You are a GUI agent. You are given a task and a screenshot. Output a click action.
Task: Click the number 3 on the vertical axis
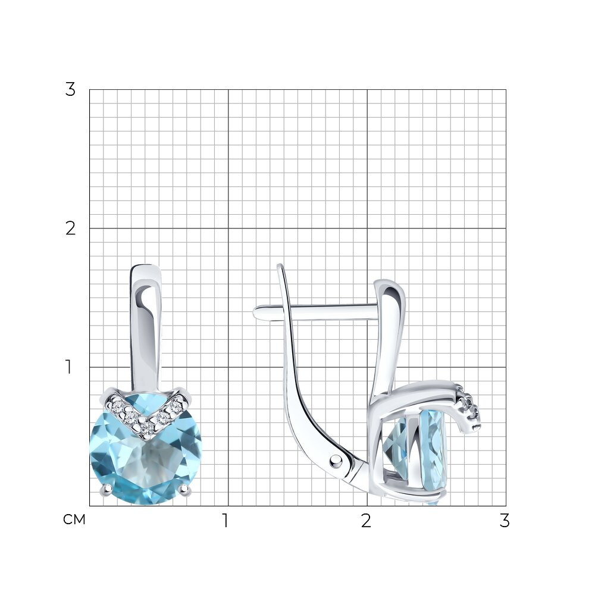click(70, 90)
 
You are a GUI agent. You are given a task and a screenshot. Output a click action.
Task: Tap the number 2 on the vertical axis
click(70, 228)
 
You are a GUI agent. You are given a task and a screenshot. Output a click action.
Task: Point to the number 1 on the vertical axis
click(68, 367)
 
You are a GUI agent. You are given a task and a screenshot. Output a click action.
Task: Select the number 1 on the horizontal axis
click(226, 521)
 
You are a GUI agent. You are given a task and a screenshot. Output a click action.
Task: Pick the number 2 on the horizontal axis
click(366, 521)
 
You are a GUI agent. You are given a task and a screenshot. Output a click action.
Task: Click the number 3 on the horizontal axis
click(504, 521)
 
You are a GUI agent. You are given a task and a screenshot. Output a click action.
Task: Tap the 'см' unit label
click(74, 519)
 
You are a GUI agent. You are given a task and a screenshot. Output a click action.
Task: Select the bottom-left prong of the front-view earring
click(106, 490)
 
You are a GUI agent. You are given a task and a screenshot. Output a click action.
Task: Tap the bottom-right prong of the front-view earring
click(185, 490)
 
